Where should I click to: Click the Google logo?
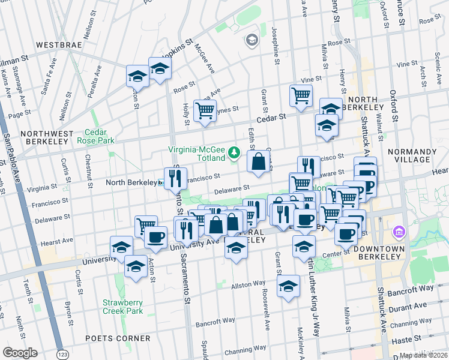point(20,353)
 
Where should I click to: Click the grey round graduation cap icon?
point(252,40)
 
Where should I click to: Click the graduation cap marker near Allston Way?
point(289,286)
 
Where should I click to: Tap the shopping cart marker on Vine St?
point(301,95)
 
